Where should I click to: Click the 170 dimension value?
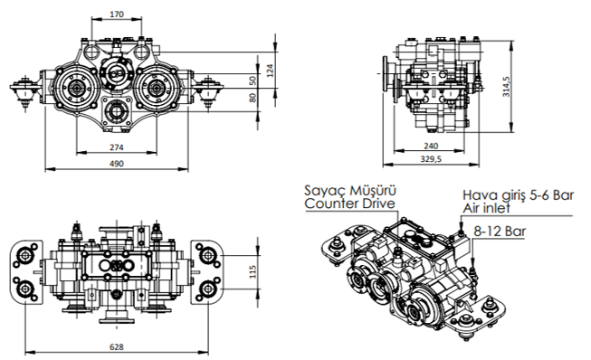coord(117,14)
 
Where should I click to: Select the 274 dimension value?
coord(117,147)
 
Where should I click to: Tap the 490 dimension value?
coord(117,164)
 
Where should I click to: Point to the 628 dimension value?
coord(117,346)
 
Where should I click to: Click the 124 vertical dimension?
coord(271,71)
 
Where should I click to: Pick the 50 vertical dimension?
coord(253,81)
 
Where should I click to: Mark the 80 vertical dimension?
coord(253,98)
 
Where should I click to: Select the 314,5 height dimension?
coord(506,87)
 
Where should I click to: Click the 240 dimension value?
coord(431,146)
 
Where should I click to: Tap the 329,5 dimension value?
coord(431,159)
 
